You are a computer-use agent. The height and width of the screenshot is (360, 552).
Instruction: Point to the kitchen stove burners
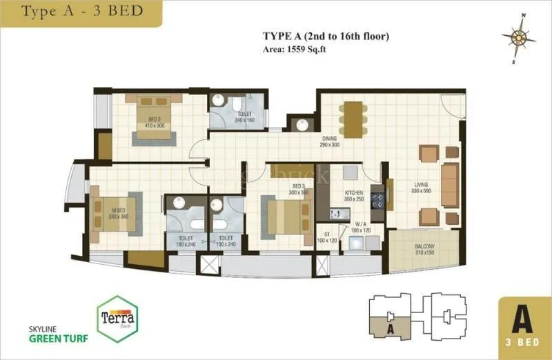(x=377, y=201)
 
